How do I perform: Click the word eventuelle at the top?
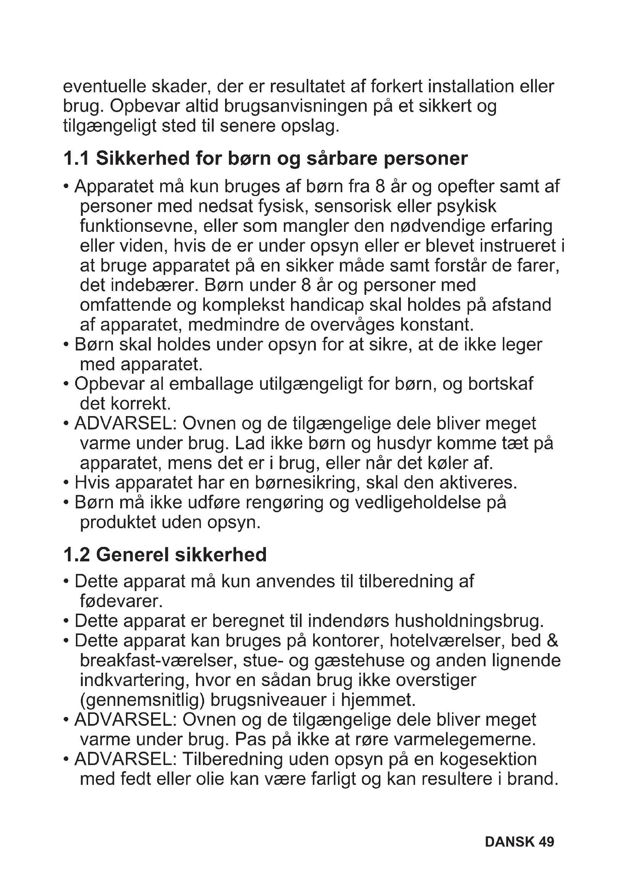coord(104,87)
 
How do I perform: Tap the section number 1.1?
coord(76,159)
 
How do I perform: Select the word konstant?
coord(437,325)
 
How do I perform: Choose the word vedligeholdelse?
coord(418,503)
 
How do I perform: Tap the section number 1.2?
coord(77,555)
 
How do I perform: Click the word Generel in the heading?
coord(132,555)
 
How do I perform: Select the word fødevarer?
coord(121,601)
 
